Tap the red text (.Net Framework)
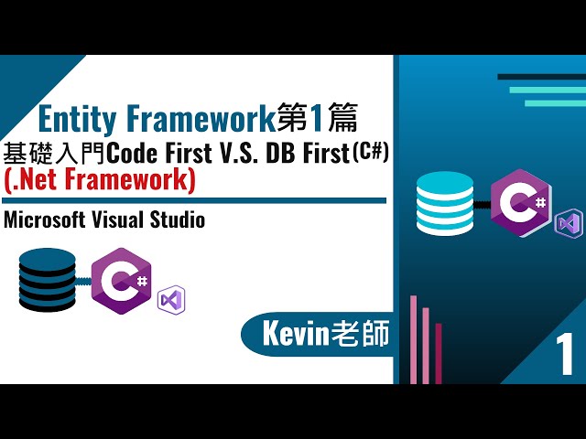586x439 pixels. [x=100, y=180]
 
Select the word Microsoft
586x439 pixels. [x=45, y=219]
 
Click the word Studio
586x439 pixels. [x=177, y=219]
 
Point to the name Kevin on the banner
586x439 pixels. [x=296, y=334]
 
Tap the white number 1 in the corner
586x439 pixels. [x=564, y=355]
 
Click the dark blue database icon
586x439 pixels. [x=47, y=280]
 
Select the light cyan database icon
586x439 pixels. [x=445, y=203]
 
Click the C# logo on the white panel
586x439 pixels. [x=122, y=281]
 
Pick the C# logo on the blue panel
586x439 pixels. [x=522, y=203]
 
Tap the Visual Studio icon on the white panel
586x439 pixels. [x=171, y=300]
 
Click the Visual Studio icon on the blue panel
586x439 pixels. [x=569, y=223]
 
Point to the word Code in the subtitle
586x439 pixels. [x=132, y=154]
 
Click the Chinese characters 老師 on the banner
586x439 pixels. [x=360, y=334]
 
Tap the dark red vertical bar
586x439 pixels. [x=439, y=353]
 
